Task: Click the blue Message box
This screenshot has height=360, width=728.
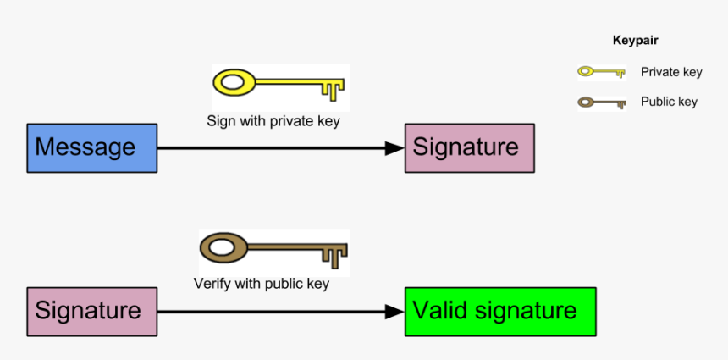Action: tap(91, 148)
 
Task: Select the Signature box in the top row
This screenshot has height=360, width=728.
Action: tap(469, 148)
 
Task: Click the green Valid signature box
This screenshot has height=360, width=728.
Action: tap(500, 311)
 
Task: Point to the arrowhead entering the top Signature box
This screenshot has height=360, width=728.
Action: tap(394, 148)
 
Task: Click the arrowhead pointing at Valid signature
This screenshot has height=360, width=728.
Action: tap(394, 312)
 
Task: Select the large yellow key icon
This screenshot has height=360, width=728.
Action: tap(280, 85)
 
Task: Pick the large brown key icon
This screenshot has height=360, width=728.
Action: tap(273, 250)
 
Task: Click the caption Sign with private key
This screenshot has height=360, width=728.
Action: tap(273, 121)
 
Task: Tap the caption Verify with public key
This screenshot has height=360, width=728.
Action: tap(262, 284)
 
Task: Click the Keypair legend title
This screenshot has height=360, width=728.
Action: tap(635, 40)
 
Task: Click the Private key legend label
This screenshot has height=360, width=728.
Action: tap(671, 73)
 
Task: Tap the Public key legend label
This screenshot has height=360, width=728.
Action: tap(669, 102)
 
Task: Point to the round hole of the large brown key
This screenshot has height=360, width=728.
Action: tap(223, 249)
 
